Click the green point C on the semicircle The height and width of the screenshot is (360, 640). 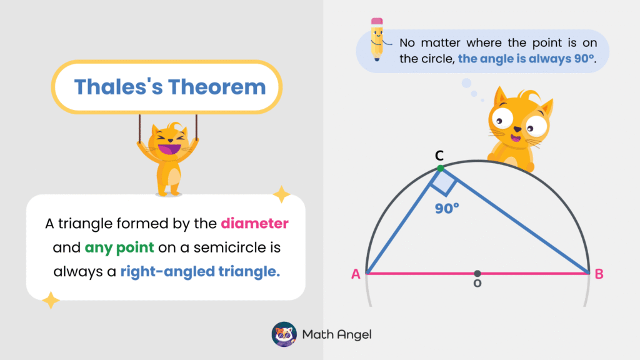tap(441, 168)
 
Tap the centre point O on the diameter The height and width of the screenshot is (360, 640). tap(477, 273)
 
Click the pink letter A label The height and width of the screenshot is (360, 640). tap(356, 274)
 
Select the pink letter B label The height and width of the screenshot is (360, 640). tap(599, 274)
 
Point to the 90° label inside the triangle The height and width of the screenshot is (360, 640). tap(447, 209)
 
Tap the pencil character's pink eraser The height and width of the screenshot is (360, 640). tap(377, 22)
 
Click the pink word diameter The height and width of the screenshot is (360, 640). tap(254, 223)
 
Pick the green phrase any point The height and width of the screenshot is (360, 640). tap(119, 247)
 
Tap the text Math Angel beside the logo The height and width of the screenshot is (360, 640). tap(337, 334)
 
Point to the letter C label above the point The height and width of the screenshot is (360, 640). tap(440, 155)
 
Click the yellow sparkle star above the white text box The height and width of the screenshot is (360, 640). tap(281, 194)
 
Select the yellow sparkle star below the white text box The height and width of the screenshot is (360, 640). tap(50, 301)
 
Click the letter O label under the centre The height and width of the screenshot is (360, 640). tap(477, 284)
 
